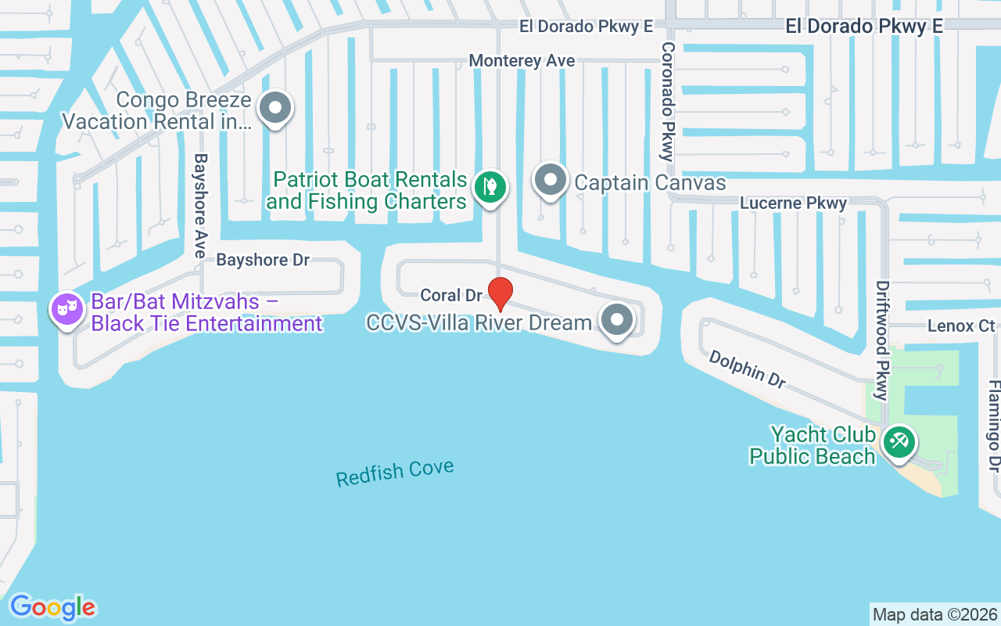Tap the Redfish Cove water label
click(395, 473)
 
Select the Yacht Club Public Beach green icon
click(899, 441)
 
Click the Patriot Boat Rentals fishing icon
click(490, 186)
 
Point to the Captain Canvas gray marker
click(551, 180)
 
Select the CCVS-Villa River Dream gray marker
click(617, 319)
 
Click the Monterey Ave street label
click(522, 61)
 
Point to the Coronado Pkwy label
click(668, 102)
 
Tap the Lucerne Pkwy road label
click(794, 203)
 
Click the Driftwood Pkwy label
click(883, 340)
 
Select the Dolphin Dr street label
click(747, 369)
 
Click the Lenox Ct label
click(961, 326)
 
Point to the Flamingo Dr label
click(994, 426)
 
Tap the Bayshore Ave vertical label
click(201, 205)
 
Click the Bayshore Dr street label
click(263, 260)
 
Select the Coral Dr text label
click(451, 296)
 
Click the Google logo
click(52, 607)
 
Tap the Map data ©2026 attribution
click(935, 615)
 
